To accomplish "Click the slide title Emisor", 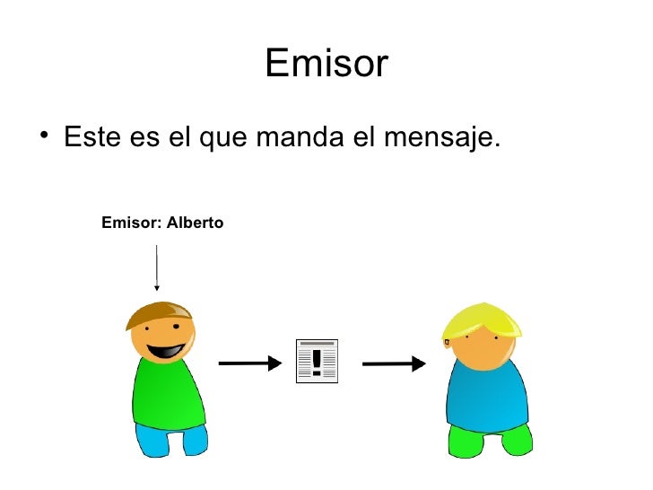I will click(x=326, y=65).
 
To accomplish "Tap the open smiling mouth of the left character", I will click(x=167, y=351).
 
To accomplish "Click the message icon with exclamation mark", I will click(x=317, y=362).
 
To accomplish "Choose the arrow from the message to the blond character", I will click(x=393, y=363).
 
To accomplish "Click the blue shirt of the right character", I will click(x=487, y=395).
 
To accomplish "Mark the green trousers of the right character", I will click(x=489, y=439).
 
